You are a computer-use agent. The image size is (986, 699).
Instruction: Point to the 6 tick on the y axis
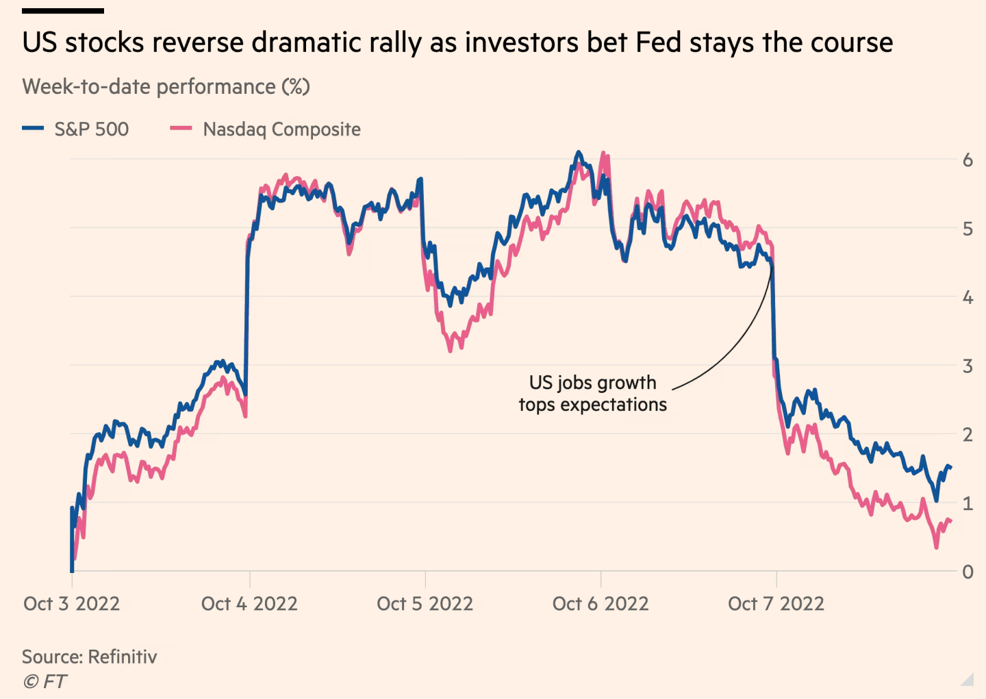[x=968, y=160]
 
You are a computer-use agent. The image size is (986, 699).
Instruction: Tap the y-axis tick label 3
[x=968, y=366]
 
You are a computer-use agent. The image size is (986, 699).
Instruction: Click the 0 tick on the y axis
[x=968, y=572]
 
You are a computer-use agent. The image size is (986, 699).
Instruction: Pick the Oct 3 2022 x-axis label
[x=71, y=604]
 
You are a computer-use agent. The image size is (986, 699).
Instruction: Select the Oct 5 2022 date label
[x=425, y=604]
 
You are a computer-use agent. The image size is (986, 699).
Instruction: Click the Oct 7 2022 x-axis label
[x=776, y=604]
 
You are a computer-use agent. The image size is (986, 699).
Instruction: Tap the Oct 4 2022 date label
[x=249, y=604]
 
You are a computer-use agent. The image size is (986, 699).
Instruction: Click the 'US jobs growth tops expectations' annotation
[x=593, y=394]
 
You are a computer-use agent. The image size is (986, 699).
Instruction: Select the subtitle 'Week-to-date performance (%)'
[x=166, y=87]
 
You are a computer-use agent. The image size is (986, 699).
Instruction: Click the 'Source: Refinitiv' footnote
[x=90, y=657]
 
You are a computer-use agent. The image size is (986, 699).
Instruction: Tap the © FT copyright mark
[x=45, y=681]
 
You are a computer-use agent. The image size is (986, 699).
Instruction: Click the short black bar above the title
[x=63, y=11]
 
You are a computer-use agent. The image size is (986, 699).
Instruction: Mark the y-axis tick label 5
[x=968, y=229]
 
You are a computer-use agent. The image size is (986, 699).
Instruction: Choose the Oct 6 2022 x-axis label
[x=601, y=604]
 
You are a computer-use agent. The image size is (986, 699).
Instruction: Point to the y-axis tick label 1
[x=968, y=503]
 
